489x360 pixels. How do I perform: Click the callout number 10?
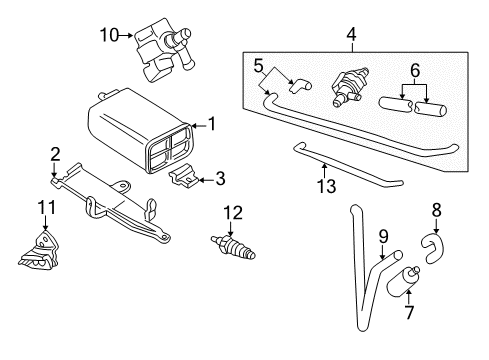[109, 35]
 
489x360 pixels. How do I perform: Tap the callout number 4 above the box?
[351, 35]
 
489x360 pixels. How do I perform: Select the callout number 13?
[326, 186]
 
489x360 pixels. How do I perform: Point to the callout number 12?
[233, 213]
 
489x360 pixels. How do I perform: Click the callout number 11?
[46, 207]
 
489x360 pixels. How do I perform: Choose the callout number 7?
[409, 312]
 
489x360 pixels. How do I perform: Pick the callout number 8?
[437, 210]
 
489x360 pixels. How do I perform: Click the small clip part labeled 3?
[184, 175]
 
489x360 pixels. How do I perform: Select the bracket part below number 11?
[39, 250]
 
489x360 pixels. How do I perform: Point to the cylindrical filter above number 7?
[403, 281]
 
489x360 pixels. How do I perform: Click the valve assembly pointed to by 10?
[162, 49]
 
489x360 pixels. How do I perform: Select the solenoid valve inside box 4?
[349, 87]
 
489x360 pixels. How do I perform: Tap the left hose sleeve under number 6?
[396, 104]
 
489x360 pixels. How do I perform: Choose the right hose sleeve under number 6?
[431, 109]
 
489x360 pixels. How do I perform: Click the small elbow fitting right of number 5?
[300, 86]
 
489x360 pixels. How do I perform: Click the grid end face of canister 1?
[169, 148]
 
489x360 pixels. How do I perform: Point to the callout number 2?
[55, 155]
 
